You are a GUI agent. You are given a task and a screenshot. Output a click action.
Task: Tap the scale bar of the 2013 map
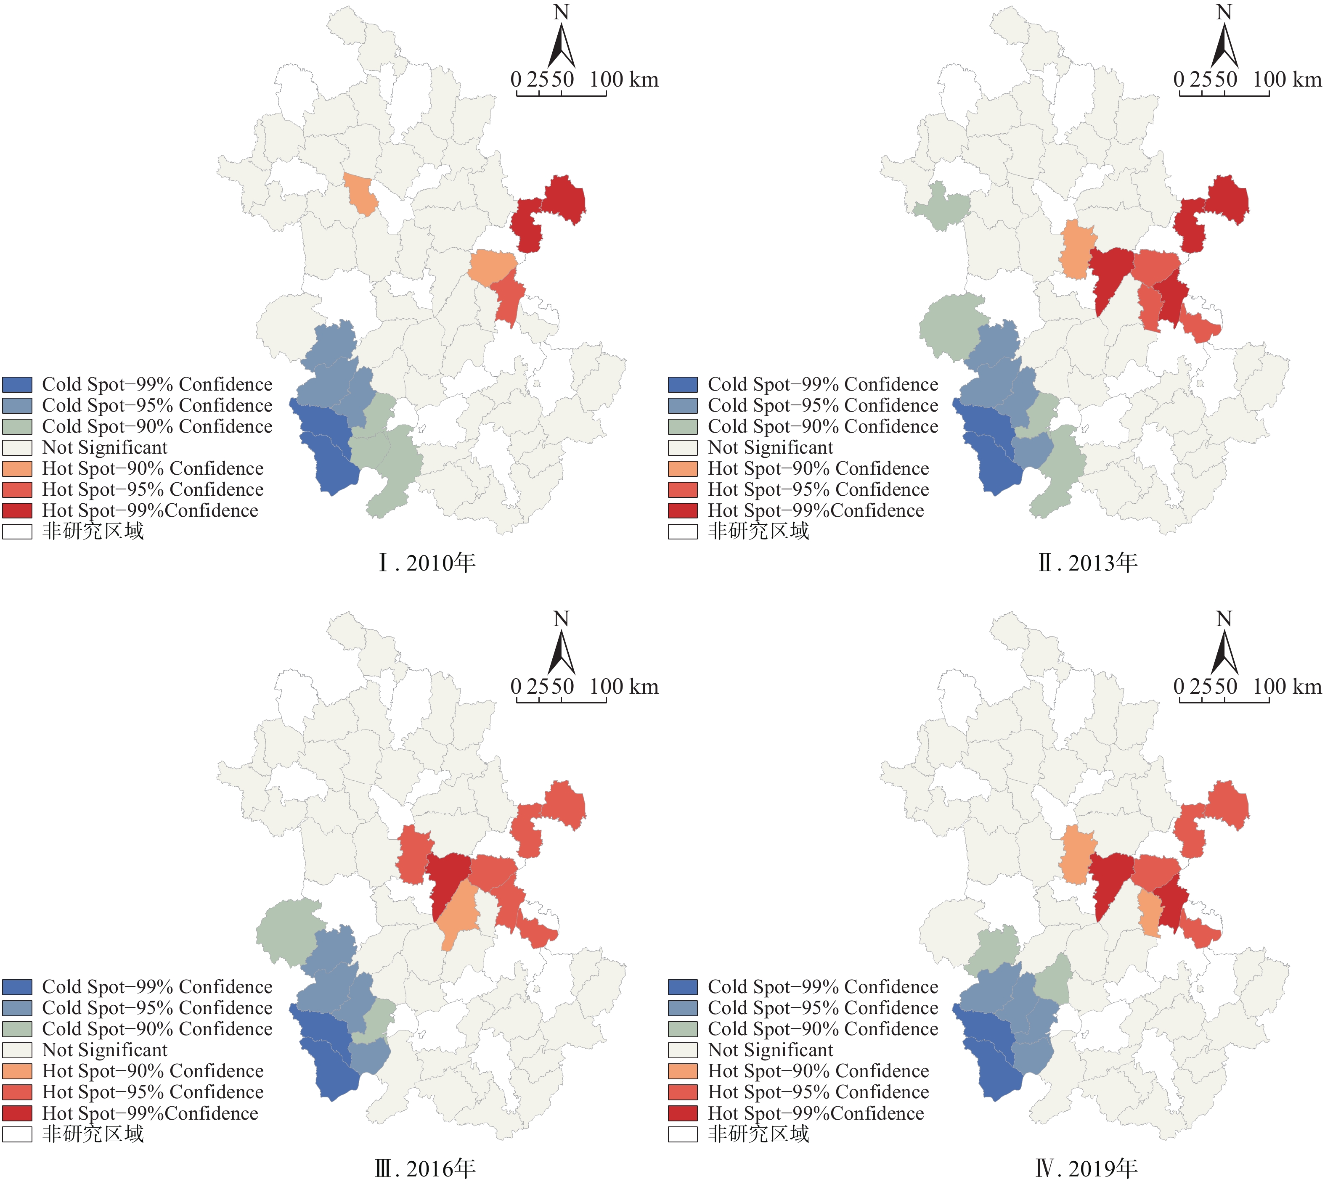1224,94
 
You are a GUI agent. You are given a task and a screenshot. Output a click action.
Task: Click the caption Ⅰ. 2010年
427,563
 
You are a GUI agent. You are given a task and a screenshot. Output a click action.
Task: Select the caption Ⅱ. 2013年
1088,563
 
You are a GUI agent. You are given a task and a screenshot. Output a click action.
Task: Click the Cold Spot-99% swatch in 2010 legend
18,384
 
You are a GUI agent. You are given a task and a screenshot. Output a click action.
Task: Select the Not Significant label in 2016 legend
105,1050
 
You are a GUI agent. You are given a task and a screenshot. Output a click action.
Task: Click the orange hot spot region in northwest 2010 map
360,193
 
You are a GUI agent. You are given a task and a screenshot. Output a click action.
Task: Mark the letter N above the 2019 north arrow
1224,618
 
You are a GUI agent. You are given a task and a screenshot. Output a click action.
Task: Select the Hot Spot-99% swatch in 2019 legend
683,1113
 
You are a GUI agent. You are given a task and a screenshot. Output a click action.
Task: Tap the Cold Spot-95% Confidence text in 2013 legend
823,405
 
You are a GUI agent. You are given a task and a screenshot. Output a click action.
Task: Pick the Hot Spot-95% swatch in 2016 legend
18,1092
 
